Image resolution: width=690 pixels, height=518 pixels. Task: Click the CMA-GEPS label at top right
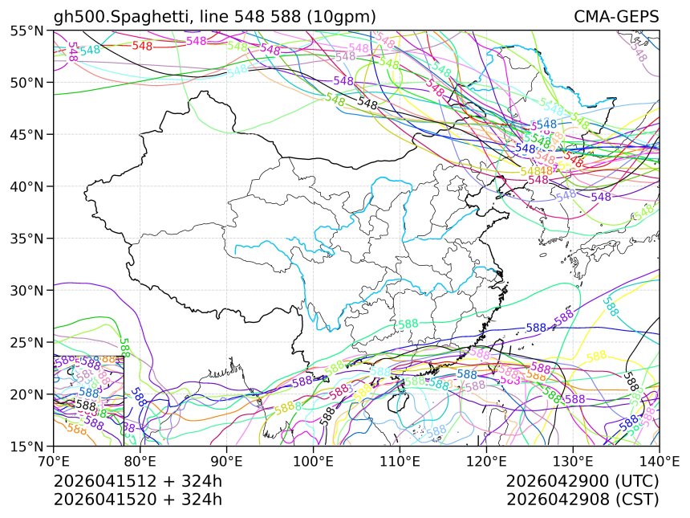616,17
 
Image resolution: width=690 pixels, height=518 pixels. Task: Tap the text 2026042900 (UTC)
582,482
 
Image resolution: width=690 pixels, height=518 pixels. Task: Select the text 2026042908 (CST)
582,500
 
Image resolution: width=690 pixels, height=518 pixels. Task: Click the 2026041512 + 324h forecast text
137,482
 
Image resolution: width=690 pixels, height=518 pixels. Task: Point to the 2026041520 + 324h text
137,500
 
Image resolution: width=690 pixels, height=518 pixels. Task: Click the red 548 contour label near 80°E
142,46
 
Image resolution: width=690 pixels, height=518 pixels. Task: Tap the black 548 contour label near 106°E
367,104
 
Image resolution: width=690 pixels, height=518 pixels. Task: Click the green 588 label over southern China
408,324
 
